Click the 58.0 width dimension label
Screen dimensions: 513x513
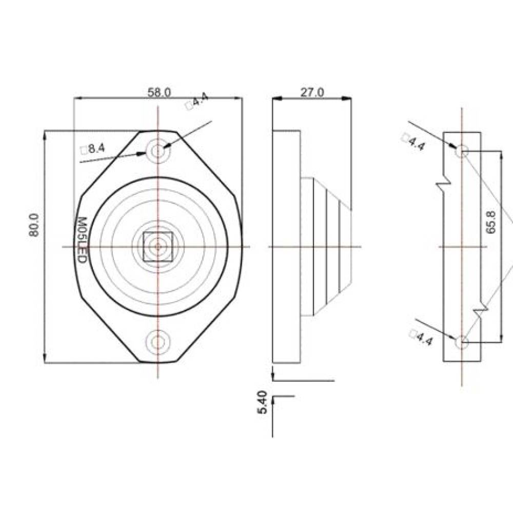coord(159,92)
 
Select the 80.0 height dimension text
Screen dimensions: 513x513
coord(33,225)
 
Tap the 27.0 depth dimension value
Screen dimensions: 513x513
coord(312,92)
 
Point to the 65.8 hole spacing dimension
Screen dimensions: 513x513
coord(491,223)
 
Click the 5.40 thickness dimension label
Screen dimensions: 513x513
coord(262,402)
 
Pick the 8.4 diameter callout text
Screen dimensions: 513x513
coord(93,149)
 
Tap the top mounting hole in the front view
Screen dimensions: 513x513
coord(158,151)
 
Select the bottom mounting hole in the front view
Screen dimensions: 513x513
coord(158,342)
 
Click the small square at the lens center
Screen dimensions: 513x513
coord(158,247)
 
